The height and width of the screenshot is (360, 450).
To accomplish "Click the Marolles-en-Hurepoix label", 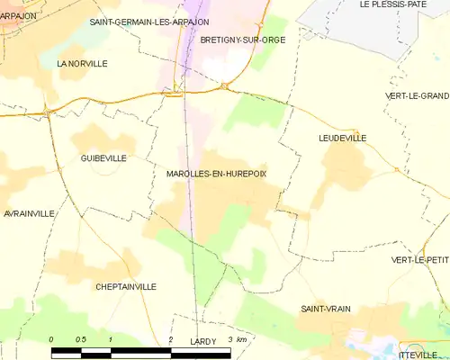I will (217, 174).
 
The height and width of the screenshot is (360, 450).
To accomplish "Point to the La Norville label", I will (82, 64).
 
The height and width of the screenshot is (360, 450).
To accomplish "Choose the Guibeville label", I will (103, 157).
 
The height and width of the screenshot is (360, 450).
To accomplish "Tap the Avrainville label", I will (29, 213).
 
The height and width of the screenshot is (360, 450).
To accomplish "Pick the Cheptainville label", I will (125, 286).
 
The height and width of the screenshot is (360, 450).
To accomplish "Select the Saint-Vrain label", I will (325, 309).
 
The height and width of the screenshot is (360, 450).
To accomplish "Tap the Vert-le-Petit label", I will (419, 260).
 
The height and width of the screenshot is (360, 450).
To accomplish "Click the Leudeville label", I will (342, 138).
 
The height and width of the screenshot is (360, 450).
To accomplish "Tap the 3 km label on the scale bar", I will (237, 339).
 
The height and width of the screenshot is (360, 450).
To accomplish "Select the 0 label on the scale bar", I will (51, 339).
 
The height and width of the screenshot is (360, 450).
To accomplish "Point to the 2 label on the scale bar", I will (170, 339).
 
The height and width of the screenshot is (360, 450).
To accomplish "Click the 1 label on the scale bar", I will (110, 339).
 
